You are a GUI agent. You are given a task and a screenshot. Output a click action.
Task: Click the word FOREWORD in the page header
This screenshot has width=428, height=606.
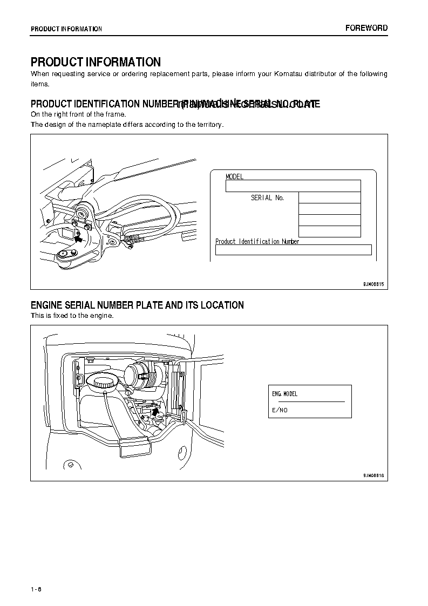[x=366, y=28]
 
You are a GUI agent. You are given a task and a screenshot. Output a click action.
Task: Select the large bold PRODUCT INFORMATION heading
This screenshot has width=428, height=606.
[x=96, y=62]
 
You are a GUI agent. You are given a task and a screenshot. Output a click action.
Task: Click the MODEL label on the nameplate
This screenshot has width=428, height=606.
[x=235, y=176]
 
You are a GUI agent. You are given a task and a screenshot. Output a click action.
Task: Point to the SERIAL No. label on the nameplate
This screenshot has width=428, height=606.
[x=267, y=198]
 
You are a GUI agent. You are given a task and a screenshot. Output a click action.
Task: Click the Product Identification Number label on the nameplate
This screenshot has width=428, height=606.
[x=257, y=242]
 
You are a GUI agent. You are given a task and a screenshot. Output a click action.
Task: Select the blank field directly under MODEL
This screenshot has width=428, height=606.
[x=293, y=186]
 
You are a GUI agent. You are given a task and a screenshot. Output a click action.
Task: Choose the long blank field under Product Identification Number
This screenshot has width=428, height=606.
[x=293, y=250]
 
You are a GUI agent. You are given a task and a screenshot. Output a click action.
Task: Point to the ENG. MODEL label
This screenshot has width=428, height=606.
[x=284, y=394]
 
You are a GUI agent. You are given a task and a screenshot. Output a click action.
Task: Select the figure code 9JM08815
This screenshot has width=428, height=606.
[x=373, y=283]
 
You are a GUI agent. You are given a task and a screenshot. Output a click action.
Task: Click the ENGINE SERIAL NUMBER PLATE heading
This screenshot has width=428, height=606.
[x=137, y=305]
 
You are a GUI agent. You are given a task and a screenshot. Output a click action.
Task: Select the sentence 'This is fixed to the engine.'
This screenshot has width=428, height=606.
[x=72, y=316]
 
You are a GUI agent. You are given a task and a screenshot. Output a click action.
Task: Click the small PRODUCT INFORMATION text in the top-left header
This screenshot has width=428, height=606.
[x=66, y=29]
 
